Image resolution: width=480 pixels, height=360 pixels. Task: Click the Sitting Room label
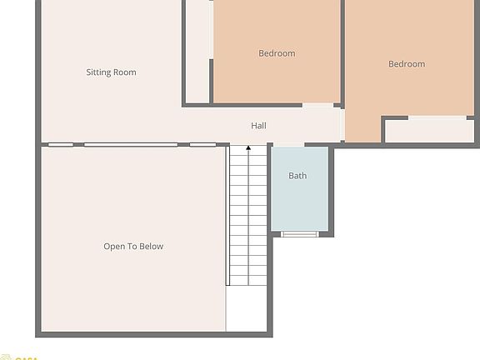(111, 72)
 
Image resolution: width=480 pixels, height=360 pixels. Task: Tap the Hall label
(259, 126)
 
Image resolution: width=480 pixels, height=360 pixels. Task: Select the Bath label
(297, 176)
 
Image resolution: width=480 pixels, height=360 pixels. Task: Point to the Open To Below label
(133, 247)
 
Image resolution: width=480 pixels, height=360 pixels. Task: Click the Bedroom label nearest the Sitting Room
(277, 53)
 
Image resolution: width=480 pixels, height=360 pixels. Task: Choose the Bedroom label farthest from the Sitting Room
(407, 64)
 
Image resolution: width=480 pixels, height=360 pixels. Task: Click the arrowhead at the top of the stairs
(248, 148)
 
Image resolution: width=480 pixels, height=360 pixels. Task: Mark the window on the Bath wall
(299, 234)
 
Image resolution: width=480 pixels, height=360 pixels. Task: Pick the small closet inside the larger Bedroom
(429, 131)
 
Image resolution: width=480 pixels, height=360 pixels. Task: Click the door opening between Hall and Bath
(299, 146)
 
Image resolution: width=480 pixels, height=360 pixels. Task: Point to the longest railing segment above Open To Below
(131, 145)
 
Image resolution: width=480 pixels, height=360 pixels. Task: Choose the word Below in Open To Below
(151, 247)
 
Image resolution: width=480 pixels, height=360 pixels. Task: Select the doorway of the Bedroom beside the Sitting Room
(317, 105)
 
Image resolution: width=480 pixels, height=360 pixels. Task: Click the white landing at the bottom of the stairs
(247, 308)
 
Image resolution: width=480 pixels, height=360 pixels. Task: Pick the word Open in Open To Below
(114, 247)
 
